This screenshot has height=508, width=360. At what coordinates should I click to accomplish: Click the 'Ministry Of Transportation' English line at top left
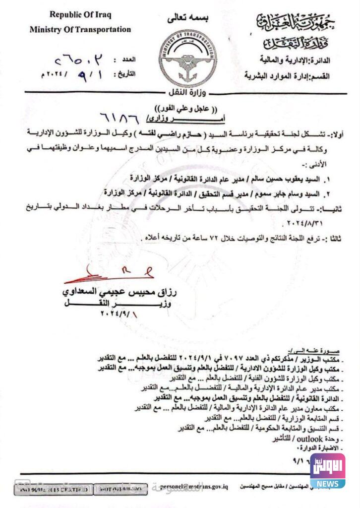point(80,29)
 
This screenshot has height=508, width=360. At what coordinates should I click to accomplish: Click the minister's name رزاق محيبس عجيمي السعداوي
point(114,291)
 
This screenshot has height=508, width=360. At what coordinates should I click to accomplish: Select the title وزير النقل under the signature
point(114,303)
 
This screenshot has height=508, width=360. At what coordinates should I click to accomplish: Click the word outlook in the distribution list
point(310,439)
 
